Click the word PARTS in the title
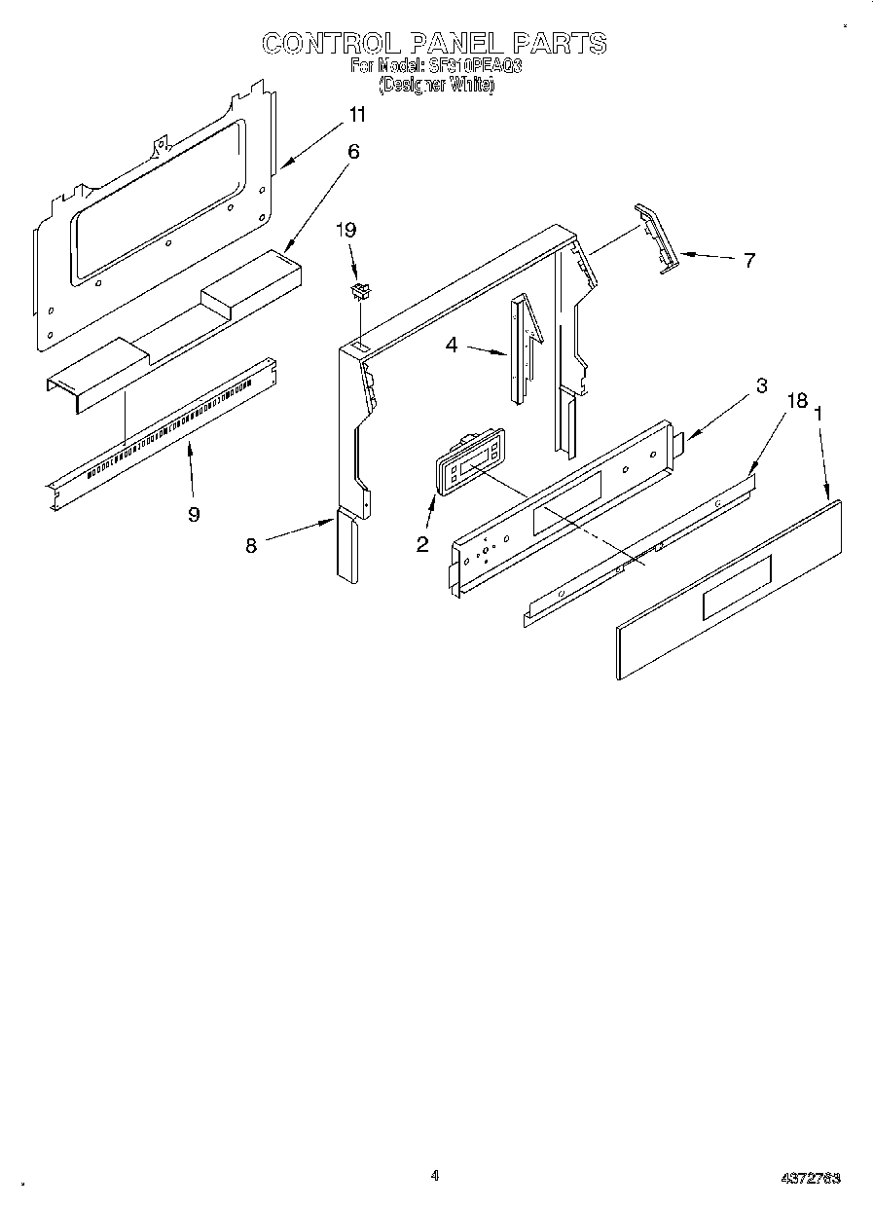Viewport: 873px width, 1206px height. tap(559, 43)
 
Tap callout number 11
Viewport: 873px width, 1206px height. tap(357, 115)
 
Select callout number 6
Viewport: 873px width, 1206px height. tap(353, 151)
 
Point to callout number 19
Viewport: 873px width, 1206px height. tap(346, 230)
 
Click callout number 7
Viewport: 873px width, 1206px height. tap(748, 261)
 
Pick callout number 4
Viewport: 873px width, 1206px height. tap(452, 345)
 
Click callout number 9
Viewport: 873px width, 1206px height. tap(194, 514)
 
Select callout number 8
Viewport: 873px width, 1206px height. tap(251, 546)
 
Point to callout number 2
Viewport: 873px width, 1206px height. tap(422, 544)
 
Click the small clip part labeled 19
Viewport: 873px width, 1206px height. tap(361, 290)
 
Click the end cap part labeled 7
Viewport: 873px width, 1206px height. tap(654, 238)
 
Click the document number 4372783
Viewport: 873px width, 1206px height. tap(811, 1178)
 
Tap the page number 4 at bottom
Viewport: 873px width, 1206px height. tap(435, 1175)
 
